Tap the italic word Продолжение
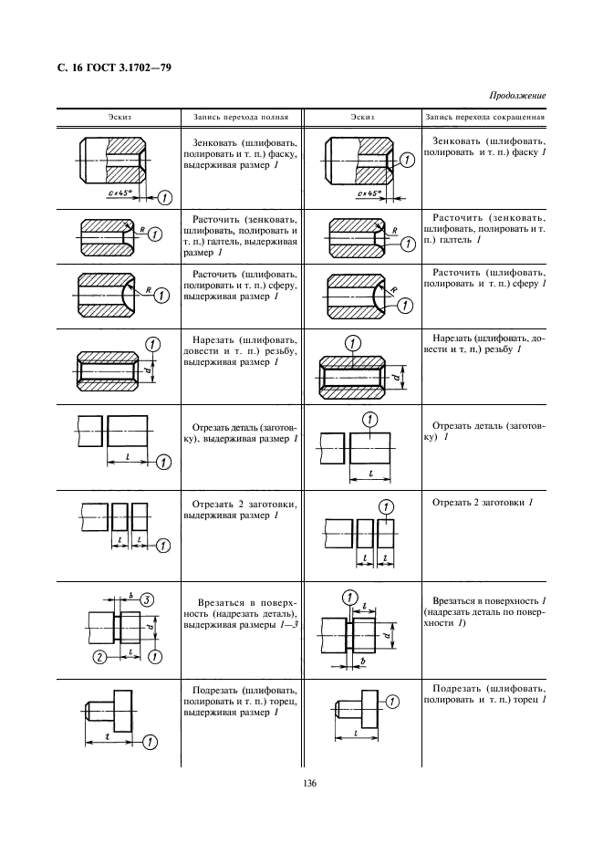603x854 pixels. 517,95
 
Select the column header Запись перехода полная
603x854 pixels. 242,117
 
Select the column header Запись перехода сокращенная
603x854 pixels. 484,117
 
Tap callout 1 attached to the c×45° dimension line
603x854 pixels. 165,197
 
